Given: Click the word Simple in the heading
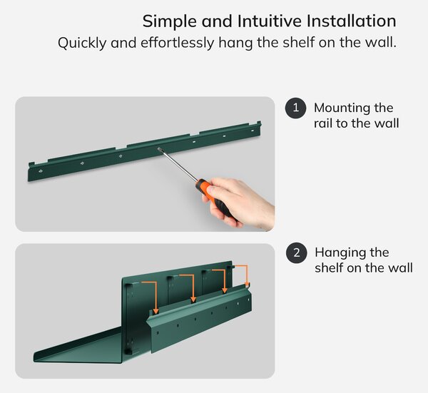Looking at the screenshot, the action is (x=170, y=21).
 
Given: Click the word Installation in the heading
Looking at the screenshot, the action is (x=351, y=21).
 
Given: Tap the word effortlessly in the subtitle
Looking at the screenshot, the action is (x=178, y=43).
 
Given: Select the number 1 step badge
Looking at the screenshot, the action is (x=295, y=108).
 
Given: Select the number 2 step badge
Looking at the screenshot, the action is (x=297, y=252).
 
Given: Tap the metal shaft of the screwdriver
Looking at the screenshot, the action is (x=178, y=165).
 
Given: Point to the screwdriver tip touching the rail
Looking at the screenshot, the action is (x=159, y=149).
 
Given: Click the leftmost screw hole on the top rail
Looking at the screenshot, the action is (x=41, y=171).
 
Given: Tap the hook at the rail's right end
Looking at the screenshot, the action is (x=259, y=123).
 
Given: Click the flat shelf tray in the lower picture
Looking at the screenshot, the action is (x=79, y=346).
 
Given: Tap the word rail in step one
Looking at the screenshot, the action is (x=323, y=123).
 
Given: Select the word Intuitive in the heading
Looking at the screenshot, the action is (x=270, y=21).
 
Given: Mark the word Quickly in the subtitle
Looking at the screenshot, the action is (x=82, y=44).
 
